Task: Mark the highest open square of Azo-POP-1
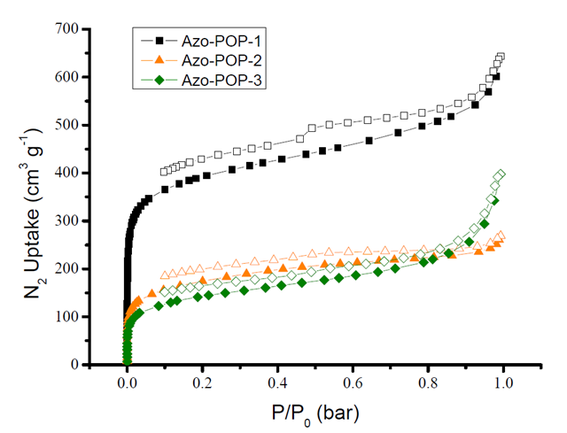coord(501,58)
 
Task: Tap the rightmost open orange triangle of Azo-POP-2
coord(501,236)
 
